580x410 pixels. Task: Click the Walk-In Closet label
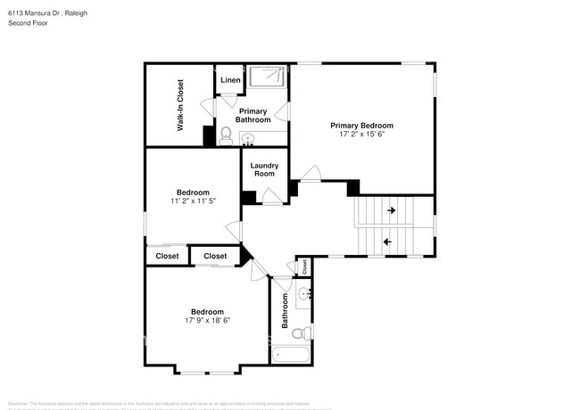[x=179, y=105]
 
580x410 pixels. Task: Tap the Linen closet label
[x=230, y=80]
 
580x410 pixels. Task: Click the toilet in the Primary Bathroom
[x=227, y=135]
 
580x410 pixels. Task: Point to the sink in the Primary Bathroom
[x=248, y=138]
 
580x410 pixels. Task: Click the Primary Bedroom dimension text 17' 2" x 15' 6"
[x=361, y=135]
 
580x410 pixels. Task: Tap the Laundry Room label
[x=264, y=169]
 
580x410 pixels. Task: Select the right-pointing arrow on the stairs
[x=391, y=211]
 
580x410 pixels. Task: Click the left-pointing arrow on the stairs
[x=387, y=241]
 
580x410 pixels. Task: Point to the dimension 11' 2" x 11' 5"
[x=193, y=201]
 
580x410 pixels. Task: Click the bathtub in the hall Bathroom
[x=291, y=356]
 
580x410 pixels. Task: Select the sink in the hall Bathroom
[x=304, y=293]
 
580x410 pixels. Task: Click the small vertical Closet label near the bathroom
[x=304, y=265]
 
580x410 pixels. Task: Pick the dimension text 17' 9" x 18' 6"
[x=207, y=320]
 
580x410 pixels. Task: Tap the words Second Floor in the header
[x=27, y=23]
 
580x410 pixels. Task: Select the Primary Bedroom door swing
[x=311, y=173]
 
